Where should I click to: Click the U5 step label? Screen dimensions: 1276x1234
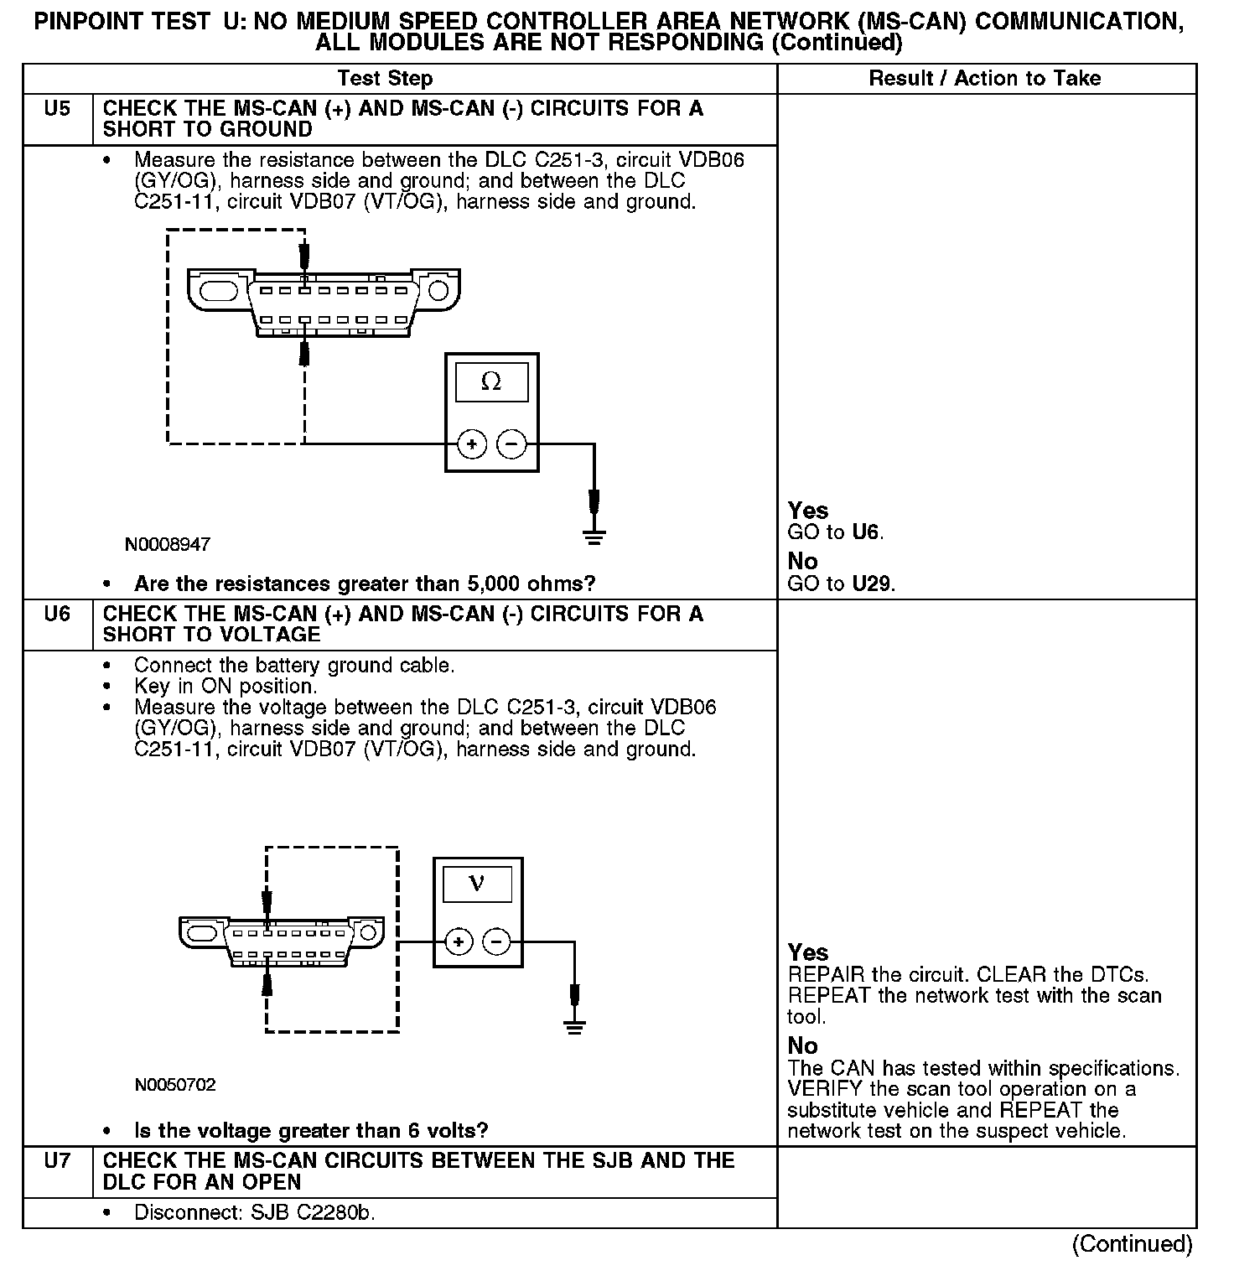coord(57,109)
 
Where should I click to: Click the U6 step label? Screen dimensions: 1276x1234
coord(57,615)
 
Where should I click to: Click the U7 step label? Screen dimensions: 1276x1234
coord(57,1161)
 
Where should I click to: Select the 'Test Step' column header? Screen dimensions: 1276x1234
coord(385,79)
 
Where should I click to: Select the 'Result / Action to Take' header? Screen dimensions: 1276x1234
coord(985,79)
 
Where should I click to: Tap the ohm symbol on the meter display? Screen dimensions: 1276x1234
coord(491,382)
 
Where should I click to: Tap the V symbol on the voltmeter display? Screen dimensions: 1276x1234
coord(477,883)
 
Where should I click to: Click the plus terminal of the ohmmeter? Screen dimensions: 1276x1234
coord(472,443)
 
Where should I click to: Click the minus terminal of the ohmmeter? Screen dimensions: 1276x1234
coord(511,443)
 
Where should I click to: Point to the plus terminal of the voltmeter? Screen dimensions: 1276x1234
coord(458,942)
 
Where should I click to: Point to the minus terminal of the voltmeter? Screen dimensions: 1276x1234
coord(497,942)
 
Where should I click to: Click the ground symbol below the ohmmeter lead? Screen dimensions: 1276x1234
coord(594,537)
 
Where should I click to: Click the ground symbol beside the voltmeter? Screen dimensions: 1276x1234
coord(574,1026)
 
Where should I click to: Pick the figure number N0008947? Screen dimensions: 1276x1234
coord(168,545)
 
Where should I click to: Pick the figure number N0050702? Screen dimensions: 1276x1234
coord(175,1085)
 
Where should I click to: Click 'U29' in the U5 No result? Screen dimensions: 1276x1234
coord(873,584)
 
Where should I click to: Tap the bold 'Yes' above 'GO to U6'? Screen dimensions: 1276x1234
coord(808,511)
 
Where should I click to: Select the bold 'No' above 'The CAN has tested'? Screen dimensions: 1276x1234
coord(802,1045)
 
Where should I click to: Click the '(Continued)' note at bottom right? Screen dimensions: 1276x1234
coord(1132,1244)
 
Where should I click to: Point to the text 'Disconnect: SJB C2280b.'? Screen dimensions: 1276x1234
coord(254,1213)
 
